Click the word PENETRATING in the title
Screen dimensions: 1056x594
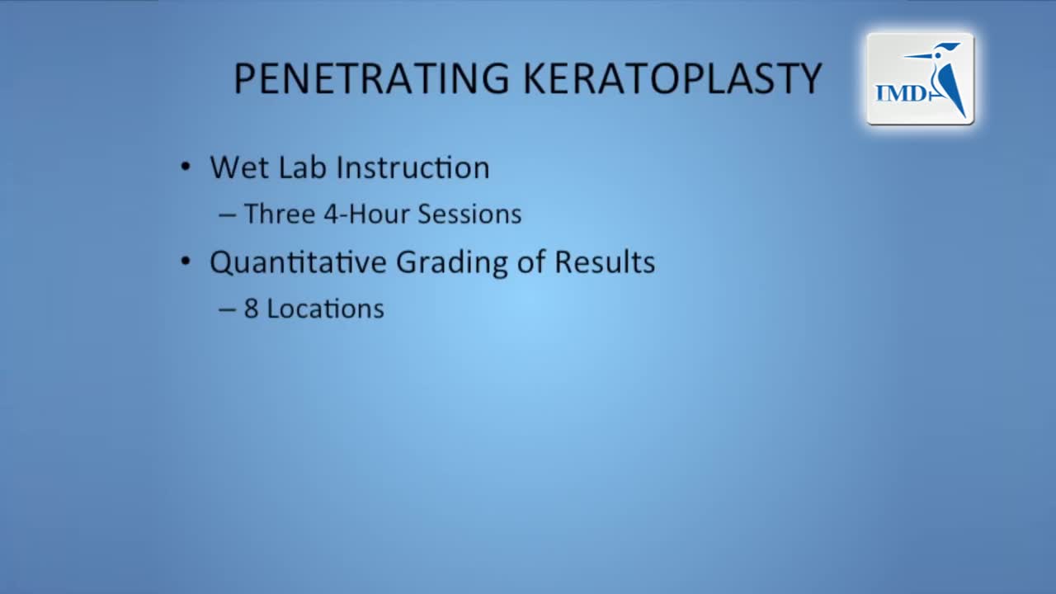pyautogui.click(x=372, y=78)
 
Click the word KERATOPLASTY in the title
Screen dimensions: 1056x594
pyautogui.click(x=673, y=78)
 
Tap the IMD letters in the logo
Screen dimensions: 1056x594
pyautogui.click(x=901, y=93)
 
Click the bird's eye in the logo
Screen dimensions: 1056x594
pyautogui.click(x=938, y=55)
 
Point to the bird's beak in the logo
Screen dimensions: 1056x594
pyautogui.click(x=918, y=56)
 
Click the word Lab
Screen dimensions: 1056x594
pyautogui.click(x=302, y=167)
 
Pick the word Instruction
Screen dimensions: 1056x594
pyautogui.click(x=413, y=167)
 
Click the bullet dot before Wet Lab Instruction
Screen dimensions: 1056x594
pyautogui.click(x=186, y=167)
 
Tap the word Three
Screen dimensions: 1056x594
pyautogui.click(x=280, y=214)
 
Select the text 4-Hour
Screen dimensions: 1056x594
pyautogui.click(x=366, y=214)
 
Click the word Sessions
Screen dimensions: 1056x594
pyautogui.click(x=469, y=214)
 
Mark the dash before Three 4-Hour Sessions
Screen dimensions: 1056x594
pyautogui.click(x=227, y=215)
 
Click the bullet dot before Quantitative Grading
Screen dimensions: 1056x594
pyautogui.click(x=186, y=261)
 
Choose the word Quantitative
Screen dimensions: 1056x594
pyautogui.click(x=298, y=262)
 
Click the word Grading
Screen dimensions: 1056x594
pyautogui.click(x=451, y=263)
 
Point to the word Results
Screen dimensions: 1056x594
pyautogui.click(x=605, y=262)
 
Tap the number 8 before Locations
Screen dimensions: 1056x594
pyautogui.click(x=252, y=309)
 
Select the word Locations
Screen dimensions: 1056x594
pyautogui.click(x=326, y=309)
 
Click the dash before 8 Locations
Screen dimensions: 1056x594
pyautogui.click(x=227, y=309)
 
